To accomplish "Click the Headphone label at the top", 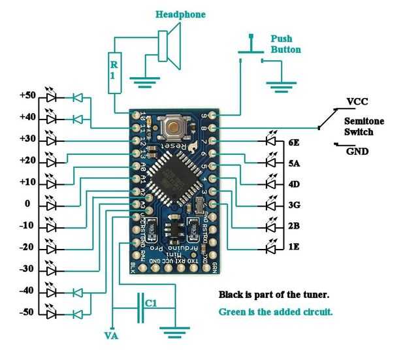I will coord(180,14).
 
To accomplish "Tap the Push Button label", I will coord(285,43).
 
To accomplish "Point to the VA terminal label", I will coord(112,336).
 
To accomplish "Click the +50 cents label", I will coord(27,95).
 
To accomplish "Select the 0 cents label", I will coord(27,204).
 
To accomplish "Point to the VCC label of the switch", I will coord(358,102).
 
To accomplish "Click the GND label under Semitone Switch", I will coord(358,152).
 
